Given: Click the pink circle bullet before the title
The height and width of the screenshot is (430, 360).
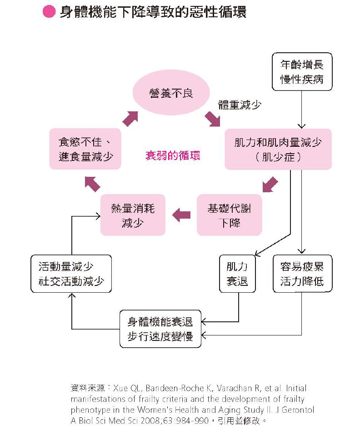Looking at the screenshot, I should [49, 12].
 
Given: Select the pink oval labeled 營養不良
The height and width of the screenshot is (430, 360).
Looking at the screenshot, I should [171, 93].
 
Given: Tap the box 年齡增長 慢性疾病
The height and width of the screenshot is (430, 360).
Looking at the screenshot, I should [302, 71].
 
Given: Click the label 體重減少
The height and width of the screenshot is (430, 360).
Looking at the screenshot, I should [240, 105].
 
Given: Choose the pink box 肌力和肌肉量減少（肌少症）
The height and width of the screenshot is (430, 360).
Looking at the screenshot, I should [278, 149].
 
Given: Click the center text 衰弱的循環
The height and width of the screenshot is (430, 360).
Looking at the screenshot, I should [173, 155].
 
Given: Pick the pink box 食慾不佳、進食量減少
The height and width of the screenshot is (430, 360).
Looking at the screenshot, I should [85, 149].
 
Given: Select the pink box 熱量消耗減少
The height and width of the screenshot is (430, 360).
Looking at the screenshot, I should [132, 215].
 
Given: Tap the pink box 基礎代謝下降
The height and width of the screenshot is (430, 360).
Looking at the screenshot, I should [229, 215].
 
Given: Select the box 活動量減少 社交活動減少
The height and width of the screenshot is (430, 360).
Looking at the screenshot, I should [71, 274].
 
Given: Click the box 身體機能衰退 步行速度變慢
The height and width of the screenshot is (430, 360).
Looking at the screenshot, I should [160, 329].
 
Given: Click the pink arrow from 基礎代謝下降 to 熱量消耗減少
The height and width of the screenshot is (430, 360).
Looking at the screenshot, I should [181, 215].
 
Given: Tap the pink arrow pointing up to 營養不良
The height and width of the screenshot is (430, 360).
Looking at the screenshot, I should [130, 118].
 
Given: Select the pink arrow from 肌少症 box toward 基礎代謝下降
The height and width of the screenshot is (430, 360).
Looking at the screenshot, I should [269, 185].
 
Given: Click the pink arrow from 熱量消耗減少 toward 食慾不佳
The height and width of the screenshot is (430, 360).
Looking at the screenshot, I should [93, 183].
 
